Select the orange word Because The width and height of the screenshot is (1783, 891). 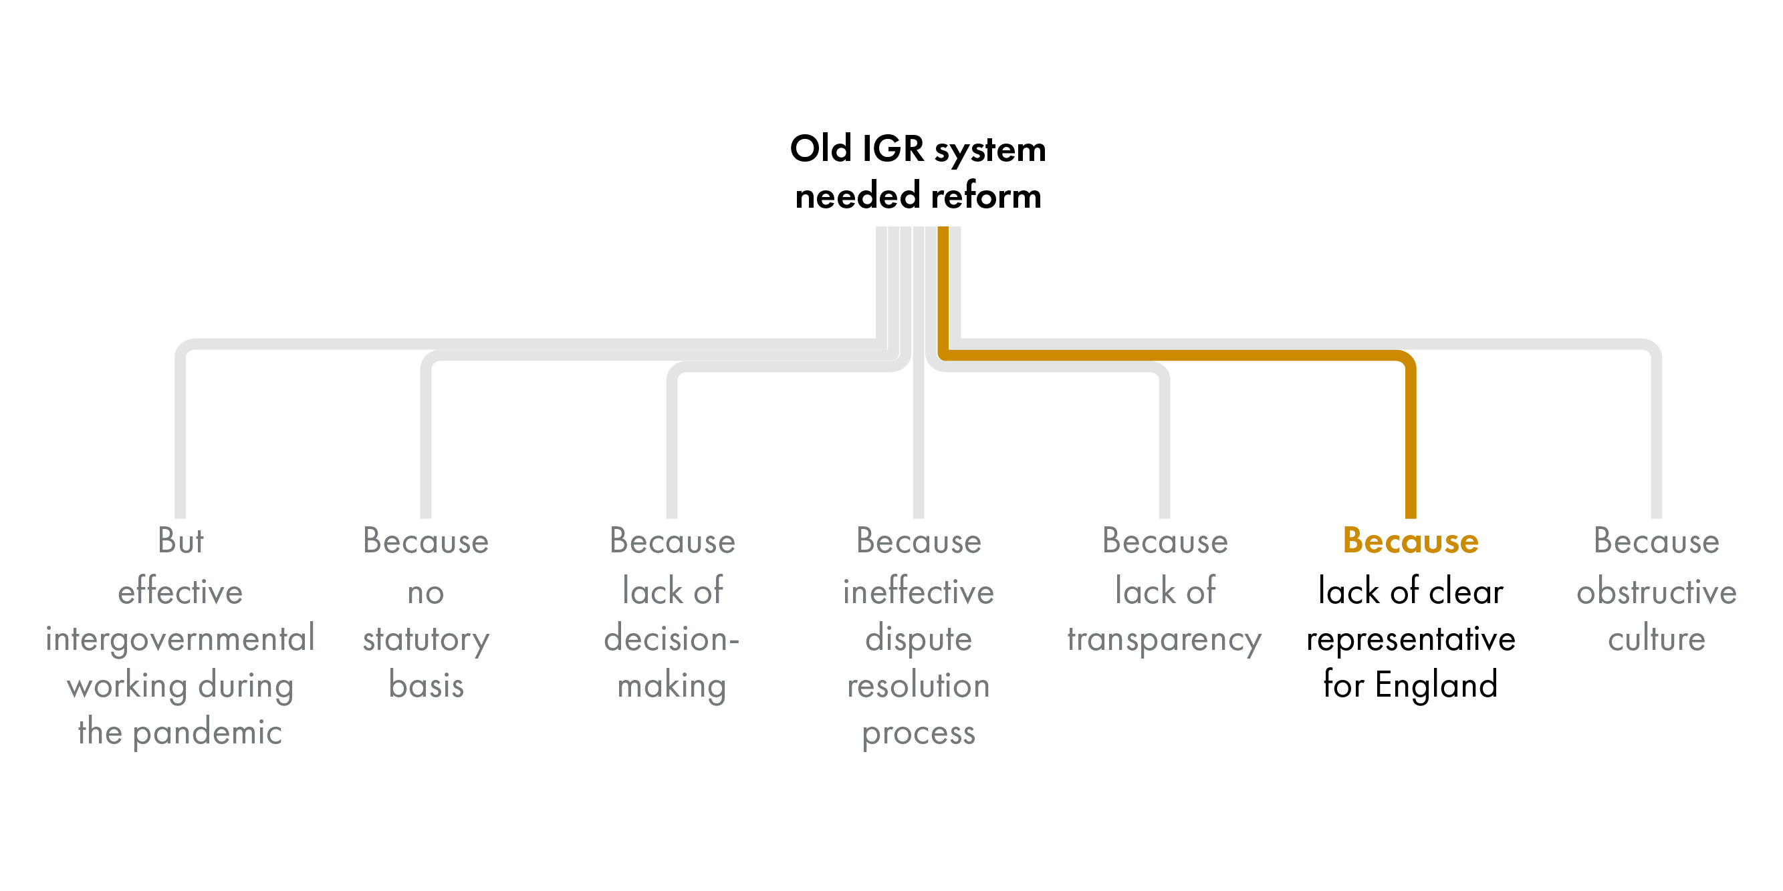(x=1411, y=541)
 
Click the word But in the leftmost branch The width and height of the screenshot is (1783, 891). (x=180, y=541)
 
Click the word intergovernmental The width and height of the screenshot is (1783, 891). (x=180, y=639)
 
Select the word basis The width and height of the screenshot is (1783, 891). (x=426, y=685)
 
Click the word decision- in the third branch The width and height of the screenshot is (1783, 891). (x=671, y=639)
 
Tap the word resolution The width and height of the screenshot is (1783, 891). (x=919, y=685)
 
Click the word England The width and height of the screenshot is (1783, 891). (x=1436, y=685)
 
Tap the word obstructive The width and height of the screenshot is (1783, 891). (x=1657, y=592)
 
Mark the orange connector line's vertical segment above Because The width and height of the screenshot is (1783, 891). (x=1411, y=443)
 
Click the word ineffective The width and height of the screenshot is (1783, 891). (x=919, y=592)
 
